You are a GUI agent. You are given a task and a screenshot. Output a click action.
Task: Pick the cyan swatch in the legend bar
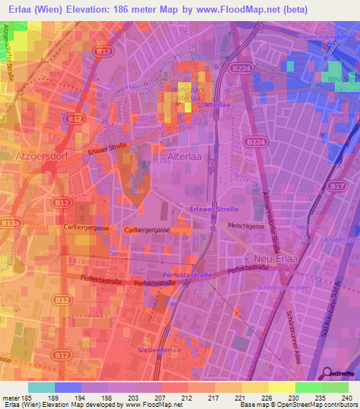(41, 387)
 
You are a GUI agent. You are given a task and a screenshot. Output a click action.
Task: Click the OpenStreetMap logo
(339, 374)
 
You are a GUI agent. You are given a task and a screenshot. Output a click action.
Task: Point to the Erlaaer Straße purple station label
(214, 209)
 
